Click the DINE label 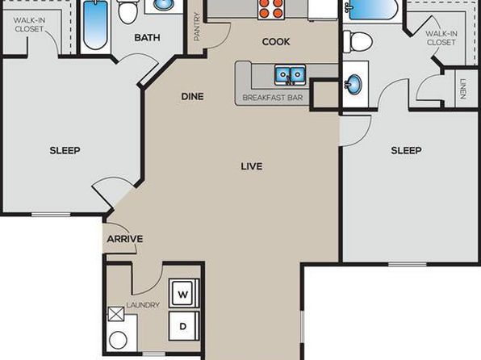coord(192,97)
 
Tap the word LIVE coord(252,166)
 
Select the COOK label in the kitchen coord(276,42)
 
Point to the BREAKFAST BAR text coord(273,98)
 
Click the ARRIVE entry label coord(125,239)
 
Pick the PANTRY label coord(197,27)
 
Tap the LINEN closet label coord(463,89)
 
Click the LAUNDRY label coord(143,305)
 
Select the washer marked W coord(183,293)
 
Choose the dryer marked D coord(183,326)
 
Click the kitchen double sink coord(290,74)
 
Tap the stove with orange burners coord(270,9)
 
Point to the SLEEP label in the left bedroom coord(65,150)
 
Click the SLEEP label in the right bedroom coord(406,150)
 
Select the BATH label coord(147,38)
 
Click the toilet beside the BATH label coord(128,11)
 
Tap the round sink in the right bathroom coord(353,83)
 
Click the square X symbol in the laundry coord(116,314)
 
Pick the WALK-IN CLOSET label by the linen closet coord(441,38)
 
